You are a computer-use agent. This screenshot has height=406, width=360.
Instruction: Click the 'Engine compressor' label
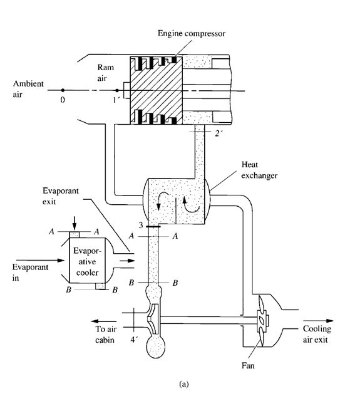(192, 34)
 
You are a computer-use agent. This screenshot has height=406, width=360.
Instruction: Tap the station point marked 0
(63, 90)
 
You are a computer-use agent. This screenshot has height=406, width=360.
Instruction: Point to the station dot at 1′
(117, 90)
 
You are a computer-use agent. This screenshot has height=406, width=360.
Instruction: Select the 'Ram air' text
(105, 73)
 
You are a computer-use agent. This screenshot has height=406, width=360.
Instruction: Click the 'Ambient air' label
(28, 89)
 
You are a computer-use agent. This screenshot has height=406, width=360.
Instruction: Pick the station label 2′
(219, 133)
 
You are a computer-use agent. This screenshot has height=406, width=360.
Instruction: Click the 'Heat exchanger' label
(259, 170)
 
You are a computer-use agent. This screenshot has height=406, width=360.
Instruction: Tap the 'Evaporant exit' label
(61, 195)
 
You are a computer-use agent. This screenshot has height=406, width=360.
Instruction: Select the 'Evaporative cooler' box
(87, 260)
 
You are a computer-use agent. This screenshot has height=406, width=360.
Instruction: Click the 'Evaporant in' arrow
(40, 260)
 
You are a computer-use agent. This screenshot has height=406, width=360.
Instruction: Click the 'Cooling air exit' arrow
(319, 321)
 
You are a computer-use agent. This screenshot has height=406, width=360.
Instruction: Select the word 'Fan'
(248, 365)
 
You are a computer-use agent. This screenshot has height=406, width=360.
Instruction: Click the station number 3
(140, 225)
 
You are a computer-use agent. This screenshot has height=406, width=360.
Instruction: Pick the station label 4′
(133, 340)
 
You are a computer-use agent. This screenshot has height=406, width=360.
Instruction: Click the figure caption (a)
(183, 383)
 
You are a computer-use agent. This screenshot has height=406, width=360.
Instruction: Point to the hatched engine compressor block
(156, 90)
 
